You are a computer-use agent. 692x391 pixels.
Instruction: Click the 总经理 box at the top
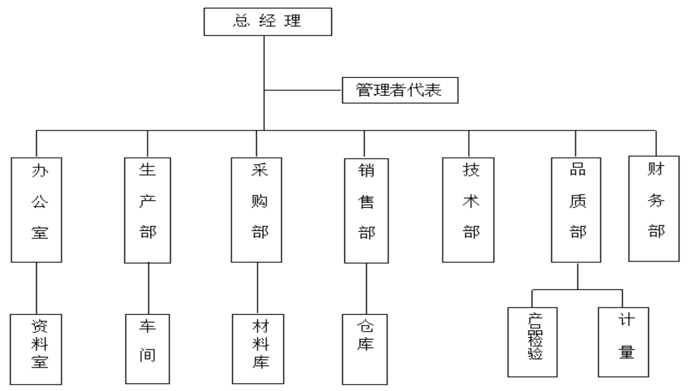268,21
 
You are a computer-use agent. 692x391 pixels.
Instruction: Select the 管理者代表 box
400,90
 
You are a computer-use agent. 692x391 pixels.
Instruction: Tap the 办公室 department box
37,210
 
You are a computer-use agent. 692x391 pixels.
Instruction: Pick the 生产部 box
148,210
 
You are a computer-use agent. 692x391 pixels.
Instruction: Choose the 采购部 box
256,210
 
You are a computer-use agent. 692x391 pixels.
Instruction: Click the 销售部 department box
366,211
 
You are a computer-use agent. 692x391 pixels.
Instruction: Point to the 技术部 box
468,210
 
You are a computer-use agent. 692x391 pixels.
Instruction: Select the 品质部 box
576,210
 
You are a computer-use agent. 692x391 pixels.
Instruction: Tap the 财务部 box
654,209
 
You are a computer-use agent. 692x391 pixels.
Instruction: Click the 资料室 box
37,349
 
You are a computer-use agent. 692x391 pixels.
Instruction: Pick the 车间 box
148,349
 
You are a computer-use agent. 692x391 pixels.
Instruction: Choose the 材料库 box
258,349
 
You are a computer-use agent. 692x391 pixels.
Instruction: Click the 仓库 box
365,349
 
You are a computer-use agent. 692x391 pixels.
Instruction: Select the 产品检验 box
532,342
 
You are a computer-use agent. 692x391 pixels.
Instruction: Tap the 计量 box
623,342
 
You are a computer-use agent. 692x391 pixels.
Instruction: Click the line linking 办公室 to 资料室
36,288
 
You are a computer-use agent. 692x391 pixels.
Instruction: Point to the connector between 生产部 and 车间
149,288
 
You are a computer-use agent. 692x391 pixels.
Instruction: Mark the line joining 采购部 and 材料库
257,288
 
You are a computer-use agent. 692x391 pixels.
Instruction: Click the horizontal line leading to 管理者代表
303,90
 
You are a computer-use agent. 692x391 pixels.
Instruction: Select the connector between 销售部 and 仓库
366,288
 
